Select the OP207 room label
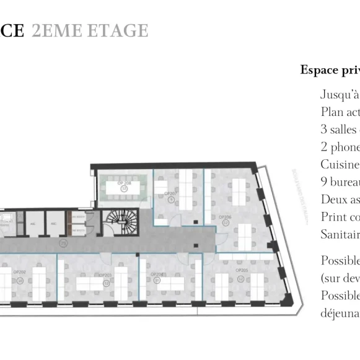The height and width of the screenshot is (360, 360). [x=171, y=193]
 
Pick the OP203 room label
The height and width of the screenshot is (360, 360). [x=105, y=275]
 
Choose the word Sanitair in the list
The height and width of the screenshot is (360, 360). [x=340, y=234]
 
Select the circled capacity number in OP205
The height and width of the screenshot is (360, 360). [x=240, y=278]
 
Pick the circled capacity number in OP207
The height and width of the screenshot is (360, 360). [x=171, y=200]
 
